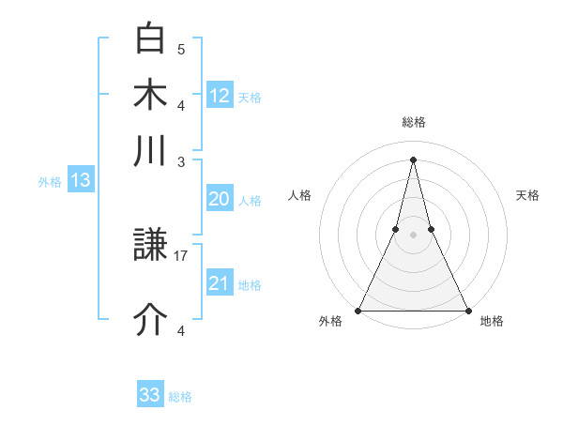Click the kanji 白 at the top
[151, 39]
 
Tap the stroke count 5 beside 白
[181, 49]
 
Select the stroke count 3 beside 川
[181, 161]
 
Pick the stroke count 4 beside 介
[181, 330]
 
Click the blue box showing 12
[219, 96]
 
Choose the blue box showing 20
[219, 199]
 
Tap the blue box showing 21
[219, 283]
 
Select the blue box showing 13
[80, 180]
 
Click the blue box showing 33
[150, 395]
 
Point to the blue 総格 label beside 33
[180, 397]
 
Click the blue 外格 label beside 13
[49, 182]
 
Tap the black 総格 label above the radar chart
[413, 123]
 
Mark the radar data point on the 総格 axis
[413, 160]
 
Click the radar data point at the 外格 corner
[358, 311]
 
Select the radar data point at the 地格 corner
[467, 311]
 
